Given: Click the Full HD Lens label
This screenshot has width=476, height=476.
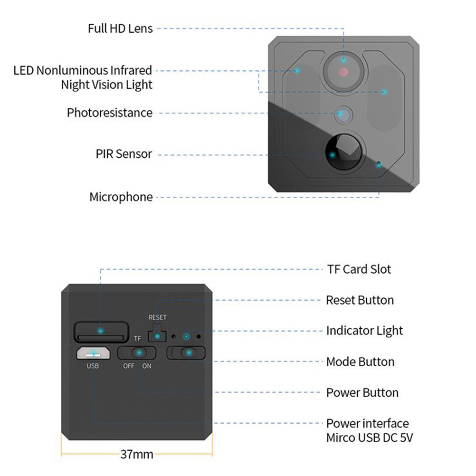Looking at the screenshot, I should (120, 28).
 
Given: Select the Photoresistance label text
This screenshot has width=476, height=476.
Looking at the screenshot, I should (110, 113).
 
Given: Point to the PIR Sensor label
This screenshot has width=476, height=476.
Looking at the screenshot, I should (124, 154).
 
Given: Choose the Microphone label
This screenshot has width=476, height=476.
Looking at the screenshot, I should (121, 197).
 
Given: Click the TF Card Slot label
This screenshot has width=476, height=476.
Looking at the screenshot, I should (359, 269).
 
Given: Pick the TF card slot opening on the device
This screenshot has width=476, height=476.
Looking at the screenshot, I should (100, 331).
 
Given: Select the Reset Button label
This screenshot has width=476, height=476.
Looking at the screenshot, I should (360, 300).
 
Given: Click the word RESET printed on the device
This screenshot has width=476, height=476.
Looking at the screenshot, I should (158, 317).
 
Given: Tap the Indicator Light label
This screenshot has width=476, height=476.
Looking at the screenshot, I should (364, 331).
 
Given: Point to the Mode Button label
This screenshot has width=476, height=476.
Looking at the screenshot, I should (360, 362).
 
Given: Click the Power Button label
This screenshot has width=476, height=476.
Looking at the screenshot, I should (362, 393).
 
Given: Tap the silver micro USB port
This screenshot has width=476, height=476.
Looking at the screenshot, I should (94, 353).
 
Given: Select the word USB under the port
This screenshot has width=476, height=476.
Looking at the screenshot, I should (93, 366).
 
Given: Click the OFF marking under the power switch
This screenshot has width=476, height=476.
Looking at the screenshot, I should (129, 366).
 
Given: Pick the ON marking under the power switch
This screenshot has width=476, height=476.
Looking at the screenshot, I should (147, 366).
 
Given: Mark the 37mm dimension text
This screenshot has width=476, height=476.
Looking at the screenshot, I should (136, 455).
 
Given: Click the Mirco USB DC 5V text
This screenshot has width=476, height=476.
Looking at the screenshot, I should (370, 438).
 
